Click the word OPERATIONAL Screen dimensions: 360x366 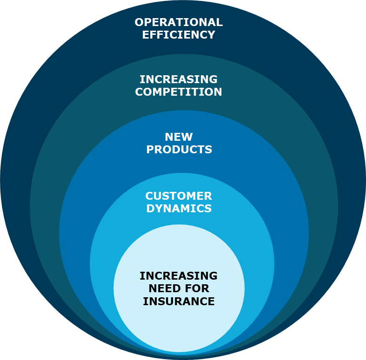point(179,22)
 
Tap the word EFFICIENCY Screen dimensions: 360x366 point(179,35)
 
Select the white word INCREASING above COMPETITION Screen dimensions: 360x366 point(179,79)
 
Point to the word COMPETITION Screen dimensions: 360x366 point(179,92)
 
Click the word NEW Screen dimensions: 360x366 point(179,137)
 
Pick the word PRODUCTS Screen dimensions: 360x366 point(179,150)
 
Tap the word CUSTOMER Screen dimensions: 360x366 point(179,196)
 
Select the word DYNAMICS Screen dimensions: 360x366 point(179,209)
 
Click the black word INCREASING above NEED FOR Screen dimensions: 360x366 point(179,276)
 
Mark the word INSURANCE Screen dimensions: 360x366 point(179,301)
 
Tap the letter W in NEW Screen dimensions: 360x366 point(187,137)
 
